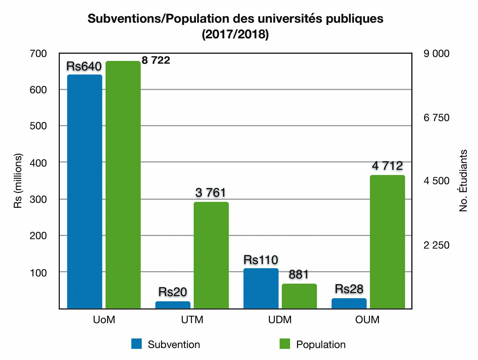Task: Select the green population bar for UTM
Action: click(211, 255)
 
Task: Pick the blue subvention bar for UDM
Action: click(261, 288)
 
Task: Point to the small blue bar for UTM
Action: click(173, 305)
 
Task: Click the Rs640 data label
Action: click(84, 66)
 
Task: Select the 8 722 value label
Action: click(156, 60)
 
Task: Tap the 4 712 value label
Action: click(387, 166)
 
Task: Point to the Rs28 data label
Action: click(349, 289)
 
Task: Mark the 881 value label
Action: click(299, 275)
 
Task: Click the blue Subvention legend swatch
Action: click(137, 344)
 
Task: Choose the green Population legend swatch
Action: click(285, 344)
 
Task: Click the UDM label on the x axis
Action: click(280, 320)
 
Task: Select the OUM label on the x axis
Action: click(367, 320)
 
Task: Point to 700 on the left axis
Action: click(38, 54)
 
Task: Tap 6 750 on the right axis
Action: click(436, 118)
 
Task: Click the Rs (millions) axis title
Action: click(18, 181)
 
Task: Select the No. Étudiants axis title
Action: click(463, 181)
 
